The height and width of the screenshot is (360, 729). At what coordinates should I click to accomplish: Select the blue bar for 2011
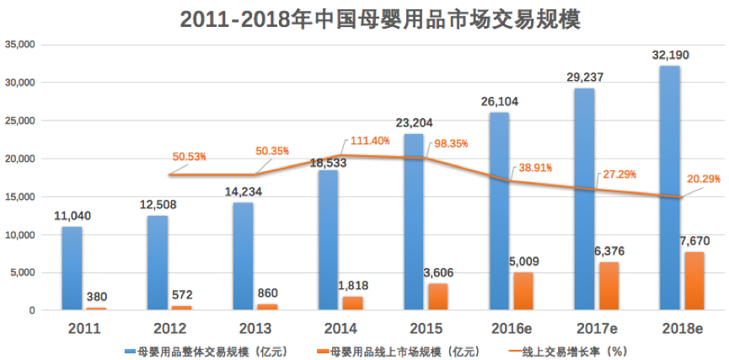(x=72, y=268)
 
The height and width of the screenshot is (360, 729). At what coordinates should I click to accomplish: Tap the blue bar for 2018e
(x=669, y=188)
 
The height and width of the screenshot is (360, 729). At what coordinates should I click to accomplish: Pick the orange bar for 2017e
(x=608, y=286)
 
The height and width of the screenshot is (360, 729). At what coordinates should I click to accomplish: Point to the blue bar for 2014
(x=328, y=240)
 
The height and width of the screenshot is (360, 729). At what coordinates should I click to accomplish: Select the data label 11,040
(x=71, y=216)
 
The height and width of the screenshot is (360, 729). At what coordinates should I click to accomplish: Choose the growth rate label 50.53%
(x=190, y=157)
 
